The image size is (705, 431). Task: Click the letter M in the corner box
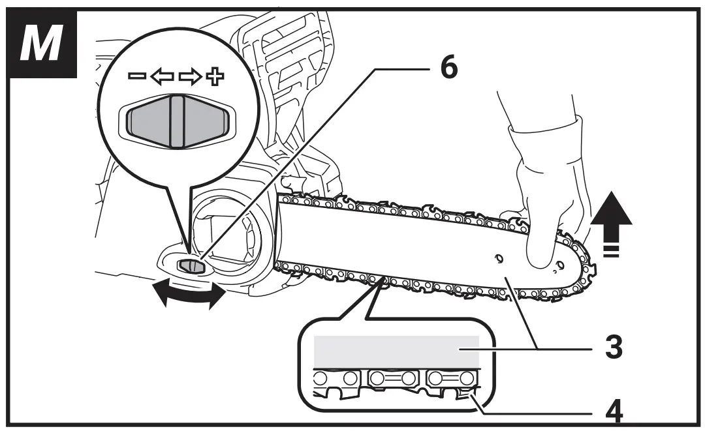[x=40, y=43]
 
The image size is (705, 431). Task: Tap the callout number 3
[x=612, y=348]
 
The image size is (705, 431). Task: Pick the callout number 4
[x=612, y=411]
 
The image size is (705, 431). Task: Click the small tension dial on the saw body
[x=188, y=265]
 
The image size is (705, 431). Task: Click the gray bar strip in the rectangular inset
[x=396, y=352]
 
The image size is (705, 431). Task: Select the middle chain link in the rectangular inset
[x=394, y=378]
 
